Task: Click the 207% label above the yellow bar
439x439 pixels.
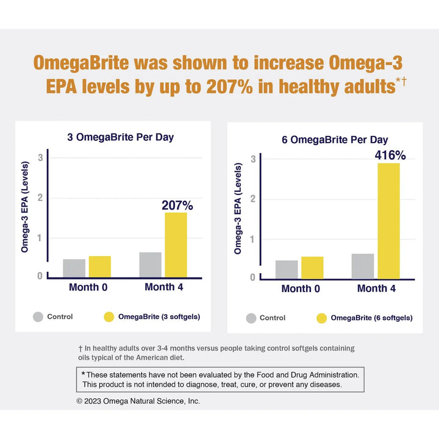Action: [x=177, y=205]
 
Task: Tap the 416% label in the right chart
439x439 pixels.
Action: [x=390, y=155]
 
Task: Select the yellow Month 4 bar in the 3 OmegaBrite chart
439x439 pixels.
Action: [x=176, y=244]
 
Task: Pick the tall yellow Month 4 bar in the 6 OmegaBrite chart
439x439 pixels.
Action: [x=388, y=220]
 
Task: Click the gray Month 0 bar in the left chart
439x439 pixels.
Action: [x=74, y=268]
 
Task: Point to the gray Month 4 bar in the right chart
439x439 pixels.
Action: [x=363, y=266]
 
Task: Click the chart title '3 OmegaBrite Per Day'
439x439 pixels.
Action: [x=120, y=137]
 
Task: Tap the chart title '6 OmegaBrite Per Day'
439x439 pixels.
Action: [x=335, y=140]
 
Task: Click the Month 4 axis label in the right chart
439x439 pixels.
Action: [x=376, y=288]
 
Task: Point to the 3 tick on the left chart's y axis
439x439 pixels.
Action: [x=40, y=157]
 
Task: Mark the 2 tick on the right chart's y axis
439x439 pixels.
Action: [x=252, y=199]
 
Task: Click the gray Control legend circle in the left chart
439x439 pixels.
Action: [x=38, y=317]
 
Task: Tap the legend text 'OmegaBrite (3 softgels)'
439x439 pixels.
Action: [x=159, y=316]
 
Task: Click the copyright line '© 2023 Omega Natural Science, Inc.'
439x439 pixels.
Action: [x=138, y=401]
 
